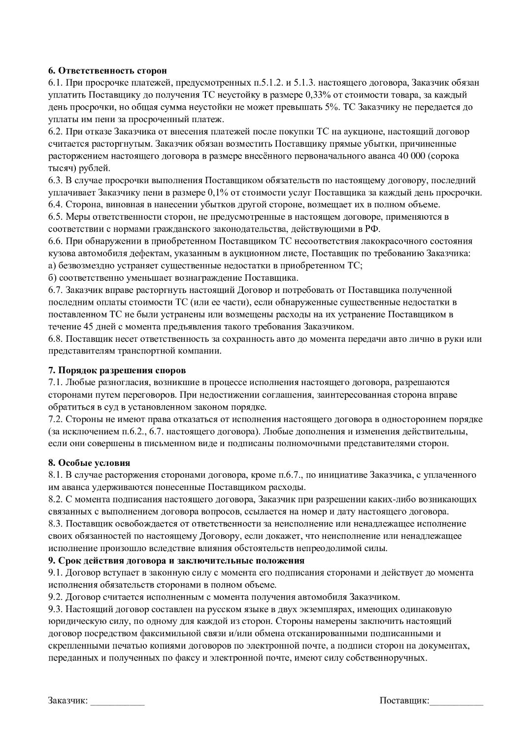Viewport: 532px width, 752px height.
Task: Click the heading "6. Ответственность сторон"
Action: pos(107,71)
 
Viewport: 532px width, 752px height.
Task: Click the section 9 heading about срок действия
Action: pos(176,560)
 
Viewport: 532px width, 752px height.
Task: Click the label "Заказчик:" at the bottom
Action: pos(68,701)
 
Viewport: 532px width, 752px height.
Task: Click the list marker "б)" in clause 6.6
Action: pos(52,278)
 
